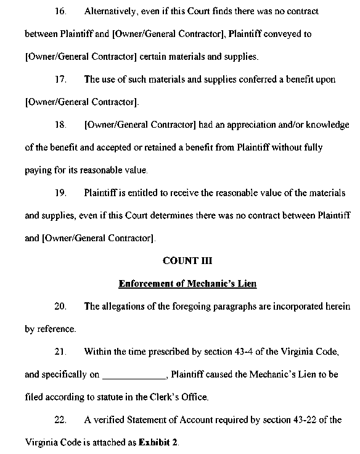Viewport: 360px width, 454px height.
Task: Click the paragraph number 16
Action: tap(60, 12)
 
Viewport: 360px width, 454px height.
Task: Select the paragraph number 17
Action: tap(60, 80)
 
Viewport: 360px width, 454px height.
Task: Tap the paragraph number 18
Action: tap(60, 125)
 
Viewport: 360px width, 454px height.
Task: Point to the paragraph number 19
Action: tap(60, 193)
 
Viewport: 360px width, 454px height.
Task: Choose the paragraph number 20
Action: tap(60, 307)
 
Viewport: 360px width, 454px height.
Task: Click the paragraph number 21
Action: tap(60, 352)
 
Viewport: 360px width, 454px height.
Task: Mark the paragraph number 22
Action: tap(60, 420)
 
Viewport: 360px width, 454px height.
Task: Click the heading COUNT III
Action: tap(187, 260)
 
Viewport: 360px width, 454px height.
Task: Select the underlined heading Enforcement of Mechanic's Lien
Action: tap(187, 284)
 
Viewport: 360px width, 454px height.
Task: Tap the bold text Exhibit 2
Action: tap(158, 443)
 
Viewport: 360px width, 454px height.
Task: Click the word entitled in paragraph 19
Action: tap(141, 193)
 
